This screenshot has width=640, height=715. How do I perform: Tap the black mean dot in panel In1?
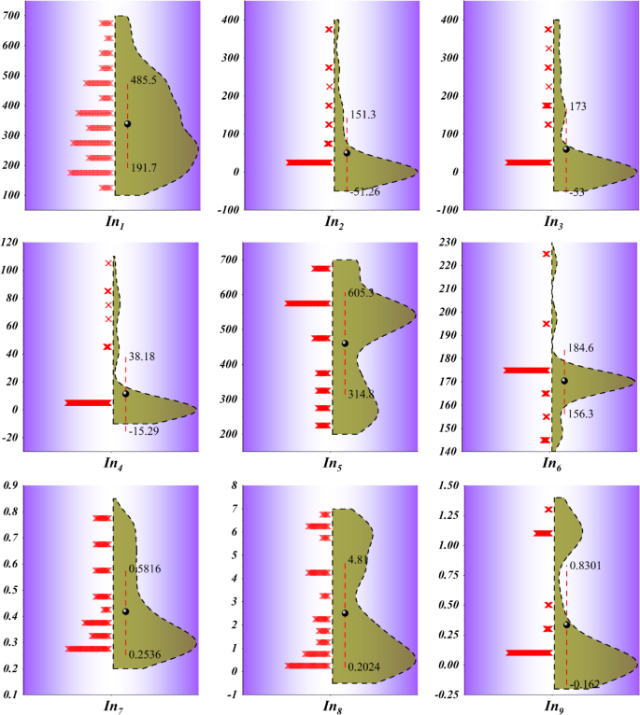(128, 123)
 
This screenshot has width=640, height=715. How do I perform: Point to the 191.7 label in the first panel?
(144, 166)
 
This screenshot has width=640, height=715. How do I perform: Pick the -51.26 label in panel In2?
(367, 191)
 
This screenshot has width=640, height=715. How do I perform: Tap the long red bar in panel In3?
(529, 162)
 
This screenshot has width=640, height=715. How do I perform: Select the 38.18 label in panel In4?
(141, 356)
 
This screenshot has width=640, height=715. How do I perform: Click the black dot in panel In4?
(126, 393)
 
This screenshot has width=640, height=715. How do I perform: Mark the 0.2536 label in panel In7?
(146, 656)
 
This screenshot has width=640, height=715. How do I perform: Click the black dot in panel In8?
(345, 613)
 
